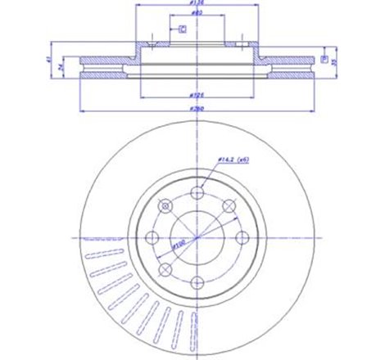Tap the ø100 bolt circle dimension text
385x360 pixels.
[x=179, y=243]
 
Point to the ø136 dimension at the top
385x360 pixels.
[x=197, y=6]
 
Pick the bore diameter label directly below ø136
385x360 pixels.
[x=197, y=14]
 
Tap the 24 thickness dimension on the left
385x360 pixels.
[x=63, y=69]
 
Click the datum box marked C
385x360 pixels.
[x=182, y=29]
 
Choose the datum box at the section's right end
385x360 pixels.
[x=324, y=60]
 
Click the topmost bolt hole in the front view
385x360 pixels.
[x=197, y=192]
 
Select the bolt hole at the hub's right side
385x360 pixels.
[x=243, y=238]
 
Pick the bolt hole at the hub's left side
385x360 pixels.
[x=152, y=238]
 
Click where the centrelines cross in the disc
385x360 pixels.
[x=197, y=238]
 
